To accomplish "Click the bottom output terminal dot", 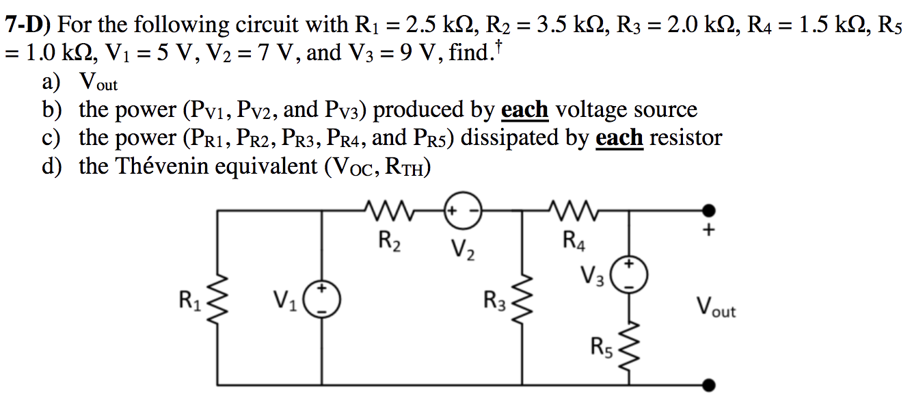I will (711, 385).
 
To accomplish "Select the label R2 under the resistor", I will (389, 241).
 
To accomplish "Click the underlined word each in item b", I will (524, 109).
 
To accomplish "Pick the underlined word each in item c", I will (619, 137).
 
